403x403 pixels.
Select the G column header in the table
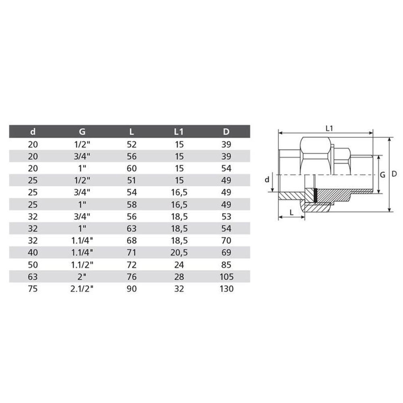[82, 131]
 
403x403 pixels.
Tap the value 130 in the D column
[227, 289]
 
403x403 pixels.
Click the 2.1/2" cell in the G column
[82, 289]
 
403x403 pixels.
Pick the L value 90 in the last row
[132, 289]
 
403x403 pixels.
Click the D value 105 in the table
[227, 277]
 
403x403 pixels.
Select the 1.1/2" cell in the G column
[82, 265]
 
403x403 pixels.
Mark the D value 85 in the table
[227, 265]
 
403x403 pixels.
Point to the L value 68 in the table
[132, 241]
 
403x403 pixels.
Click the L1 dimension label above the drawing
[329, 128]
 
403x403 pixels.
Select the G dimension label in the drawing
[383, 174]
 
